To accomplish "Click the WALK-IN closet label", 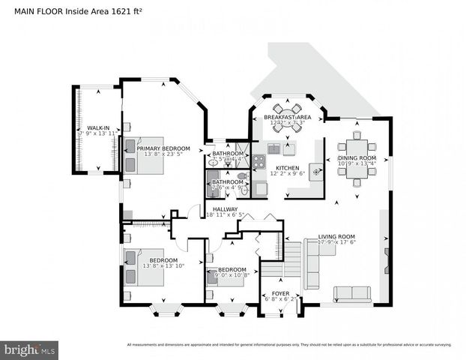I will click(x=97, y=128).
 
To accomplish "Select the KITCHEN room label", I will click(x=287, y=168).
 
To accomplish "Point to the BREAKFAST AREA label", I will click(x=288, y=118).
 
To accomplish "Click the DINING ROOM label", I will click(x=356, y=158).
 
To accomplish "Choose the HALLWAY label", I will click(x=225, y=209).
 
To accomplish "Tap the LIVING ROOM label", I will click(x=336, y=235).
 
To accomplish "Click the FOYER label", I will click(x=280, y=293).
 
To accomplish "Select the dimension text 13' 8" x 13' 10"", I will click(x=163, y=266).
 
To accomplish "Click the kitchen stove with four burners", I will click(x=258, y=160).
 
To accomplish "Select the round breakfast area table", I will click(x=287, y=118).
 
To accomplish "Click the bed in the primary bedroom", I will click(x=145, y=154).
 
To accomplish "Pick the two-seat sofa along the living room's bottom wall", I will click(x=351, y=293).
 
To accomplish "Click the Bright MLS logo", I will click(x=29, y=349).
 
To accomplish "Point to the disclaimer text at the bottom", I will click(x=289, y=345).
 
